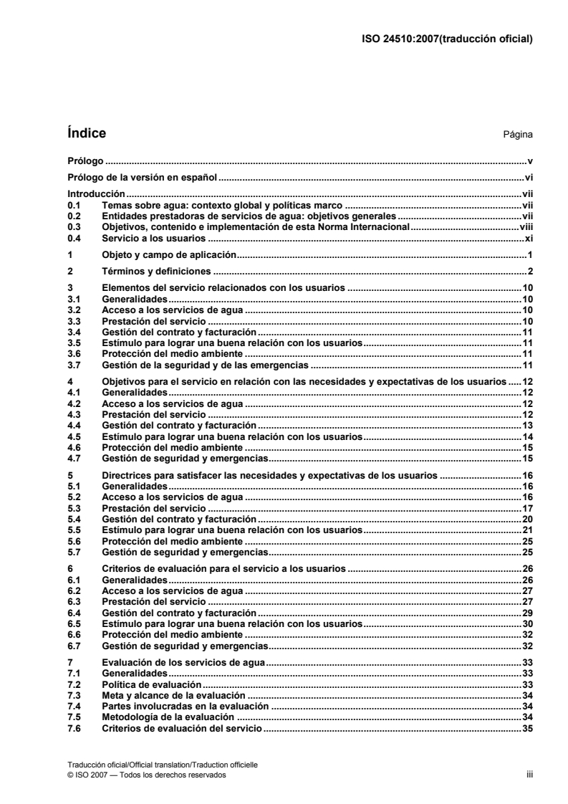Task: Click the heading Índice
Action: tap(86, 133)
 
